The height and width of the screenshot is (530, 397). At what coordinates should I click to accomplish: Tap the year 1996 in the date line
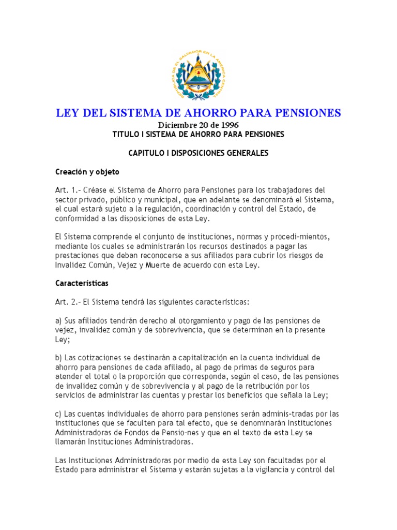pos(227,125)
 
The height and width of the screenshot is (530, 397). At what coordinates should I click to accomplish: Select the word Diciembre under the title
pos(179,125)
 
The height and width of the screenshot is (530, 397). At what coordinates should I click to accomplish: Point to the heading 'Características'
pos(82,284)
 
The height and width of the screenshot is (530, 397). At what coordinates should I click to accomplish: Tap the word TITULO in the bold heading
pos(128,134)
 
